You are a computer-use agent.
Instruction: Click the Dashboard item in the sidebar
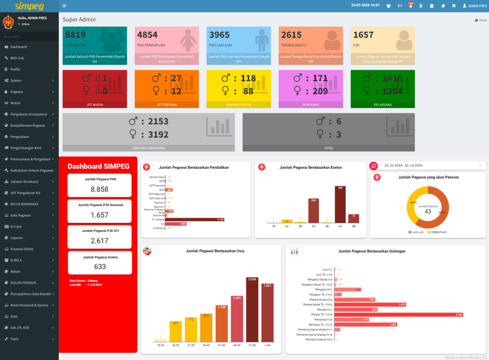19,47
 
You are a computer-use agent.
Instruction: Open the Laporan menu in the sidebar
17,238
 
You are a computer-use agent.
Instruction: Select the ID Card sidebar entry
16,227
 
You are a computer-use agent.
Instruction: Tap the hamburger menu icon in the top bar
64,6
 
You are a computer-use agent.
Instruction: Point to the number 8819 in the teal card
75,35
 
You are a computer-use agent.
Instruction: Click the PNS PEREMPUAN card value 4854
147,35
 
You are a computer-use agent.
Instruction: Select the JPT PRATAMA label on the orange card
167,104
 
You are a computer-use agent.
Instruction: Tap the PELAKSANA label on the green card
383,104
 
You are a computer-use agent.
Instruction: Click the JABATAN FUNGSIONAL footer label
149,148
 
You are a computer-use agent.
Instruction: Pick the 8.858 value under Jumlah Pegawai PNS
100,189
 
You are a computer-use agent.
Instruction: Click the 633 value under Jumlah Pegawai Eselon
100,267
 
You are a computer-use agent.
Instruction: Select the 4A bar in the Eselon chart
340,205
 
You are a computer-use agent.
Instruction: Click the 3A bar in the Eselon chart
313,212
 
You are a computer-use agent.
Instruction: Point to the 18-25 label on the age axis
161,345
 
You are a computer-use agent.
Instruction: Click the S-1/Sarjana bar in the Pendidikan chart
195,220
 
